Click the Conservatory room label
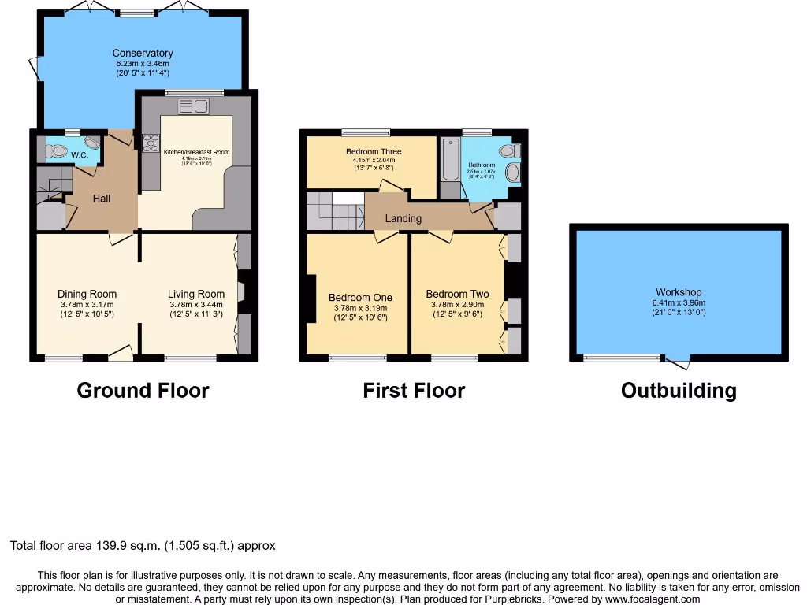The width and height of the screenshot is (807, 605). [142, 54]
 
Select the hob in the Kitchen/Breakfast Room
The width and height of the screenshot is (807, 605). [149, 143]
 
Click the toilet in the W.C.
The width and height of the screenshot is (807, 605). [56, 150]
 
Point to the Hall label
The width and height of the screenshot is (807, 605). [101, 199]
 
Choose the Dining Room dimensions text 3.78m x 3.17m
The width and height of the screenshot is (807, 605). [87, 305]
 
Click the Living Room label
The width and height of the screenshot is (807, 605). [196, 294]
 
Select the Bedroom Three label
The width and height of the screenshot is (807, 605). [374, 151]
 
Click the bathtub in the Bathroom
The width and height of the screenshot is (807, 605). [450, 159]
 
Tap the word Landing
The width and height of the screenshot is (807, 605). [403, 218]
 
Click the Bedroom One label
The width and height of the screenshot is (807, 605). [360, 298]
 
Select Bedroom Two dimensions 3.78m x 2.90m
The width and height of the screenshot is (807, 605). [457, 305]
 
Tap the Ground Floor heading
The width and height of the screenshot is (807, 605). [143, 390]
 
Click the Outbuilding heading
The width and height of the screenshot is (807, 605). [679, 390]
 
